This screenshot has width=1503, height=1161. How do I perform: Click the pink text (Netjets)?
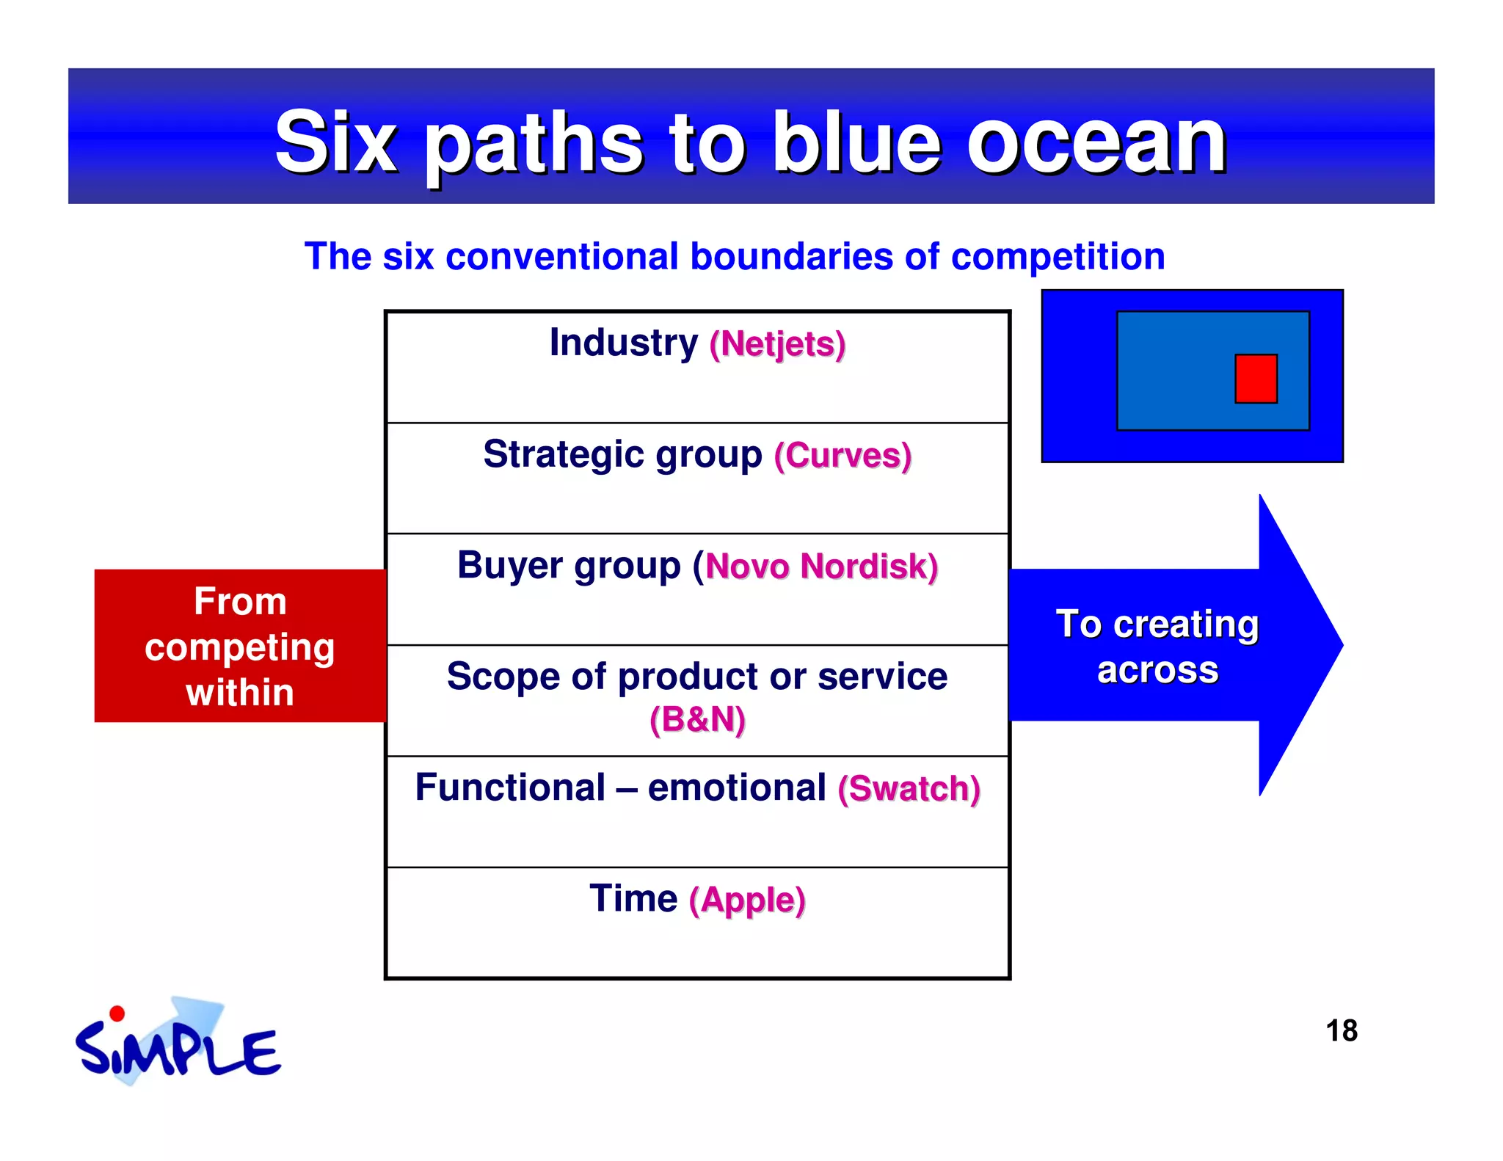(x=777, y=344)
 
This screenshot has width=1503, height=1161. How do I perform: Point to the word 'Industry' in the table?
(x=624, y=343)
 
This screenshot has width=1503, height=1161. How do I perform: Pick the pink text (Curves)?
(x=843, y=456)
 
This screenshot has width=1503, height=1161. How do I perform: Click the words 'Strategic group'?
(x=622, y=455)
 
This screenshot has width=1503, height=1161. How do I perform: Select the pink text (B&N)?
(x=697, y=719)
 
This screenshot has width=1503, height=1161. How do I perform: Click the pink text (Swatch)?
(x=909, y=789)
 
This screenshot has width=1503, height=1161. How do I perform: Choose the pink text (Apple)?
(x=747, y=900)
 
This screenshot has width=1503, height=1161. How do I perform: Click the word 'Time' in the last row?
(x=633, y=899)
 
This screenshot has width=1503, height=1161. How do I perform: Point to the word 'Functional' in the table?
(x=510, y=787)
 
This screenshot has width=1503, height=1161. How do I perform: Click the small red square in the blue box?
(x=1256, y=379)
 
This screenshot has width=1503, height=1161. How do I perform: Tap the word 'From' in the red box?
(x=240, y=602)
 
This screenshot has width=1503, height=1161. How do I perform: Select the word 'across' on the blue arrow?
(x=1157, y=670)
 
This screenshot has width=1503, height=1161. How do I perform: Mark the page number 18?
(x=1342, y=1030)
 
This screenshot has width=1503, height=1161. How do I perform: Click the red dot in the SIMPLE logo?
(x=117, y=1013)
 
